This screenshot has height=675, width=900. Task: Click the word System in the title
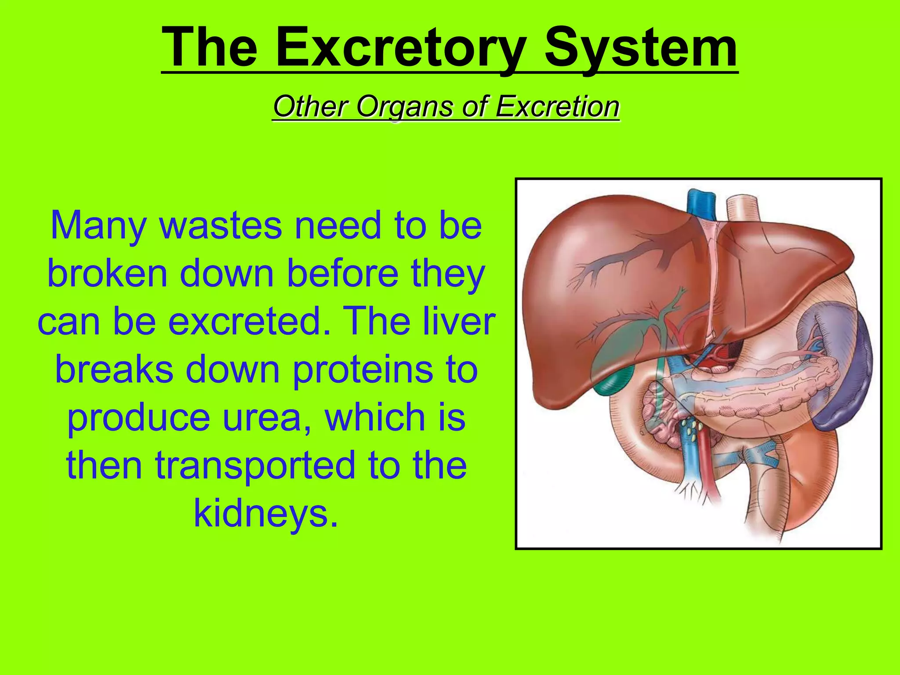(x=641, y=47)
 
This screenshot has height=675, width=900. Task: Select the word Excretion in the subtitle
(x=557, y=107)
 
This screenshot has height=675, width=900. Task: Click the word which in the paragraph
(x=371, y=417)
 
